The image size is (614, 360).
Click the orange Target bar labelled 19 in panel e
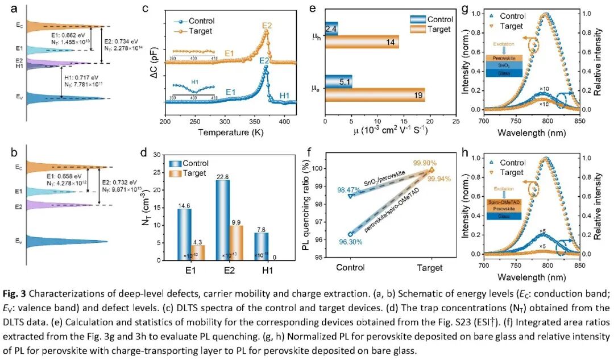(x=375, y=95)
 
